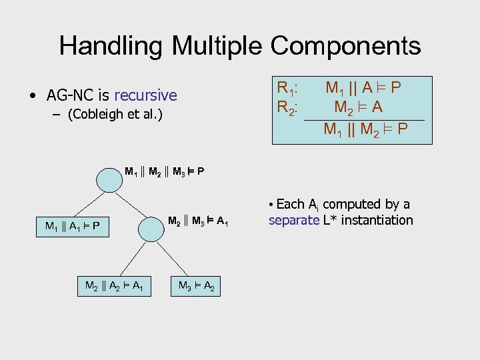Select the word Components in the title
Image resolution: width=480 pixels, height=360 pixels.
pyautogui.click(x=345, y=46)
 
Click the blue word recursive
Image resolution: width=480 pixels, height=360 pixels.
pyautogui.click(x=145, y=95)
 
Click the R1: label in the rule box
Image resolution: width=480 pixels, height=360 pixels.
pyautogui.click(x=287, y=88)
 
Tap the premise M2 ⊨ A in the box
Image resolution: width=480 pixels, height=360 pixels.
pyautogui.click(x=359, y=107)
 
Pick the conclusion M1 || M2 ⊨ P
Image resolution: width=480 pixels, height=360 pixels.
pyautogui.click(x=365, y=129)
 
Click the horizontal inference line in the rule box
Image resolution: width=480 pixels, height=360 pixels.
pyautogui.click(x=363, y=119)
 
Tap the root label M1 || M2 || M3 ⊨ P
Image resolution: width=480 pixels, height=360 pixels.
pyautogui.click(x=164, y=172)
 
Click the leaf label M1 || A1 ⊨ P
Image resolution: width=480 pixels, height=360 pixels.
pyautogui.click(x=73, y=226)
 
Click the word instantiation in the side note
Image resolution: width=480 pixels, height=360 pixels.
pyautogui.click(x=379, y=220)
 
